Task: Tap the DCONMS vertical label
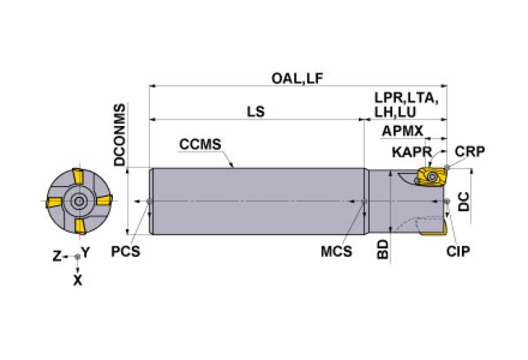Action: coord(120,136)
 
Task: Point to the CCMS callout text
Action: coord(200,145)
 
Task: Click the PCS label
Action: coord(126,251)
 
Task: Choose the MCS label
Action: coord(336,251)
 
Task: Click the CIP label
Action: coord(457,251)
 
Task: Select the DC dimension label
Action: coord(465,201)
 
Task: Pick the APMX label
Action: coord(402,131)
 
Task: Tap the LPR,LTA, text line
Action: coord(406,98)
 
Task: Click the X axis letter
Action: coord(77,280)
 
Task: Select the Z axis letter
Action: coord(58,256)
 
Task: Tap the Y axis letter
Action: coord(85,252)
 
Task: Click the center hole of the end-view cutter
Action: coord(78,202)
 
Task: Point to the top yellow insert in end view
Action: coord(80,178)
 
